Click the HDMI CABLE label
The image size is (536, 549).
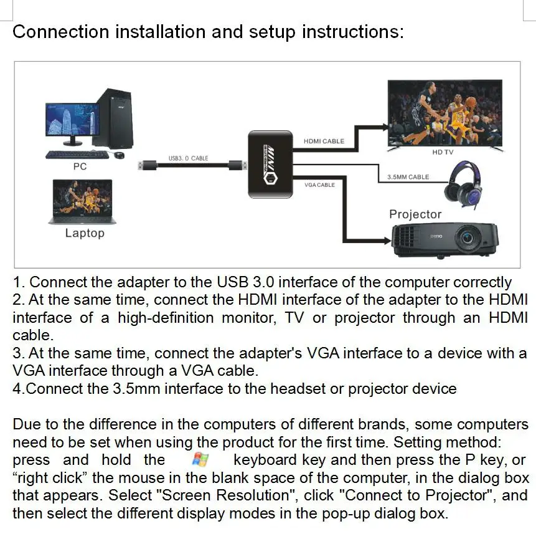click(x=324, y=141)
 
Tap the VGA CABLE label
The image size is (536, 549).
click(x=319, y=185)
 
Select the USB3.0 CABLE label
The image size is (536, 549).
click(x=188, y=158)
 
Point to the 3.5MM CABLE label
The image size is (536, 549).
click(x=408, y=177)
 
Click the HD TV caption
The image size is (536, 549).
click(x=443, y=152)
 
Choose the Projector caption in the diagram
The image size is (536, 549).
click(x=415, y=214)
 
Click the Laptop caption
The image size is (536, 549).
click(x=85, y=233)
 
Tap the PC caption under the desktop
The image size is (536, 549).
click(x=80, y=166)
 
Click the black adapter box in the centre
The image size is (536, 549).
click(x=270, y=164)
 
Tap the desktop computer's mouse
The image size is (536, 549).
click(x=120, y=155)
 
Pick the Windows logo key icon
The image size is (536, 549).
click(x=200, y=461)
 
